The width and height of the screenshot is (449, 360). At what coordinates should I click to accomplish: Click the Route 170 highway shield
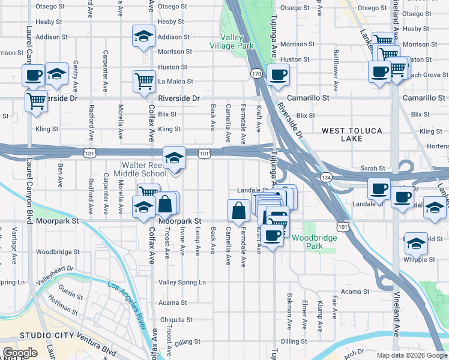click(x=256, y=73)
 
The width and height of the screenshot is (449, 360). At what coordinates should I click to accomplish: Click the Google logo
click(x=20, y=353)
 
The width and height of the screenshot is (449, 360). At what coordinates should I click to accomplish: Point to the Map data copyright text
click(x=412, y=355)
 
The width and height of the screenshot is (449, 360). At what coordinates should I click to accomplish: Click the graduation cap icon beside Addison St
click(x=143, y=36)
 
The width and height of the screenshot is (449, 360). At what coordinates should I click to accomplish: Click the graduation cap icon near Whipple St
click(x=416, y=244)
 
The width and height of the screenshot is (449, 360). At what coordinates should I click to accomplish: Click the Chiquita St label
click(x=173, y=319)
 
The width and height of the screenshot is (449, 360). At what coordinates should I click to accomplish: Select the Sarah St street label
click(x=372, y=169)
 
